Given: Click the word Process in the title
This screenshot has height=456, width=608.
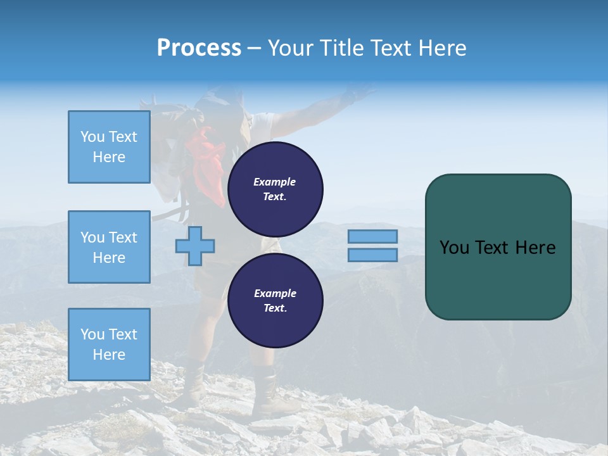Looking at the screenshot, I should [199, 48].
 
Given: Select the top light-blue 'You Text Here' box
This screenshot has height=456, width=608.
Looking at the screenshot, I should [109, 147].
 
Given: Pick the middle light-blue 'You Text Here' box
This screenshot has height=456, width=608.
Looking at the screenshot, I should [109, 247].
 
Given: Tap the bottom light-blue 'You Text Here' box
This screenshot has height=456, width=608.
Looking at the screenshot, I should [109, 344].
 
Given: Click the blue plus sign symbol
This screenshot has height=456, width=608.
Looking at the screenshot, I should [195, 245].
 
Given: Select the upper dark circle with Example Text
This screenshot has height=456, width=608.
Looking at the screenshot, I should [275, 189].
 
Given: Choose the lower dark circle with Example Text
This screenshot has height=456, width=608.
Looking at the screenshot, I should [275, 301].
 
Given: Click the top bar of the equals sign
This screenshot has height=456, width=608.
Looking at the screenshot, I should [372, 236].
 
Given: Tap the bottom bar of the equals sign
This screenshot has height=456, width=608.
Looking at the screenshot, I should [372, 255].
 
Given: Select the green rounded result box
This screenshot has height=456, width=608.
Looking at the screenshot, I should [498, 246].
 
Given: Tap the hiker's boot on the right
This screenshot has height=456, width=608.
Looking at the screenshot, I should [269, 396].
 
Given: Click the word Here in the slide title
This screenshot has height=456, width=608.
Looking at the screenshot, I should [443, 48].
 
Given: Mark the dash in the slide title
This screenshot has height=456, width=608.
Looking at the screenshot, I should [254, 48].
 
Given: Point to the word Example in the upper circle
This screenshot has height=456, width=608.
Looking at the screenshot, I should [275, 182].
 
